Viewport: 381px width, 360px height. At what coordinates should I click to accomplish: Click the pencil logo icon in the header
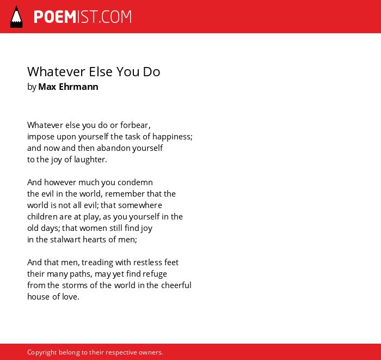point(16,17)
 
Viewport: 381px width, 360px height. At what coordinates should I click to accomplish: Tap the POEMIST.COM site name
point(83,17)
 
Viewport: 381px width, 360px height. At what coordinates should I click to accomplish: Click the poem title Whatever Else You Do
point(94,72)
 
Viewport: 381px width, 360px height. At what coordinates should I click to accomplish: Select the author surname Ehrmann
point(78,87)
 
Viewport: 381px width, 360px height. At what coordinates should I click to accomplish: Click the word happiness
point(173,137)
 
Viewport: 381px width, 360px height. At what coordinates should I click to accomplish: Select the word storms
point(75,285)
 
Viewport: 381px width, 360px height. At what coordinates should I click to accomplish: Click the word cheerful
point(176,285)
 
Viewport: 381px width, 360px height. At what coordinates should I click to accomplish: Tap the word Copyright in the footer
point(42,352)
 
